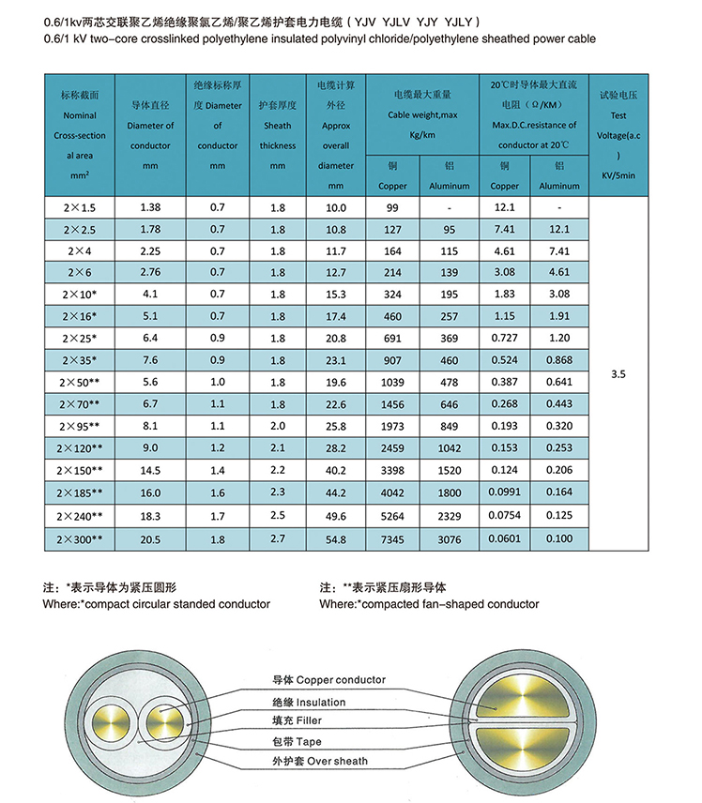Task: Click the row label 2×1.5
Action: pos(85,207)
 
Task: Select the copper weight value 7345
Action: pos(392,539)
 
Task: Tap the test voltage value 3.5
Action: pos(618,373)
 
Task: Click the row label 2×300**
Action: pos(85,539)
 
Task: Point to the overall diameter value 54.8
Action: pos(335,539)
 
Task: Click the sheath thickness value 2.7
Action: pos(277,539)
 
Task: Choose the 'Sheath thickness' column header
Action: pos(277,135)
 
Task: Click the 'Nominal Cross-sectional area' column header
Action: pos(85,135)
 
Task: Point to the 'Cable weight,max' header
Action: pos(421,114)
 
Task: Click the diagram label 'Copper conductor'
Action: pos(328,680)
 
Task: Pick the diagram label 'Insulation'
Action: pos(309,702)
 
